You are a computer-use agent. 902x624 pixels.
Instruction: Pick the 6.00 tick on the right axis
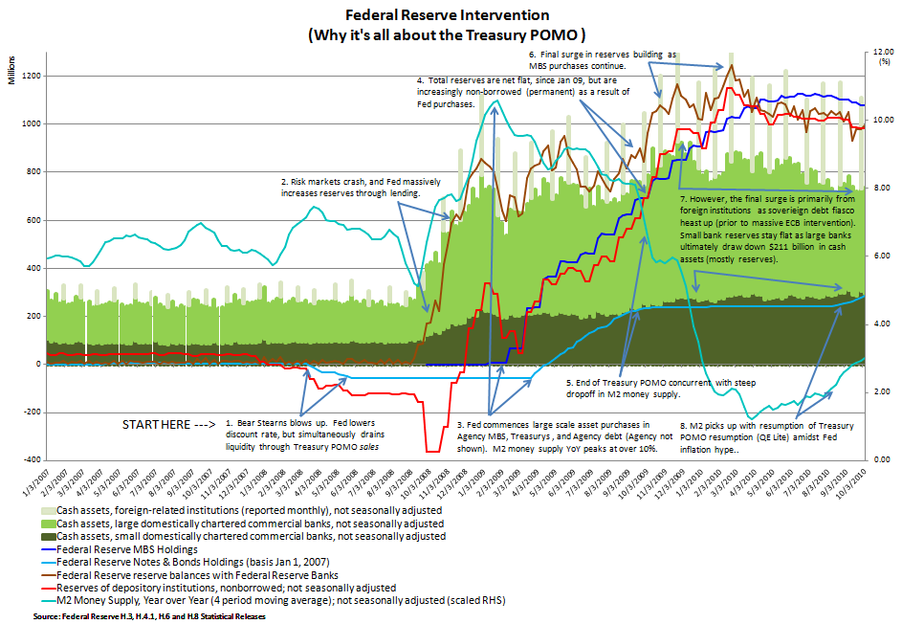875,256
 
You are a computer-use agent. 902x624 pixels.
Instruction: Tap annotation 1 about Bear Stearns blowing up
305,434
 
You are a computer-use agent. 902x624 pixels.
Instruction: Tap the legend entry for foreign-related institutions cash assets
244,512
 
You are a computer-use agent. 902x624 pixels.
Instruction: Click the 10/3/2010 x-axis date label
860,483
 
